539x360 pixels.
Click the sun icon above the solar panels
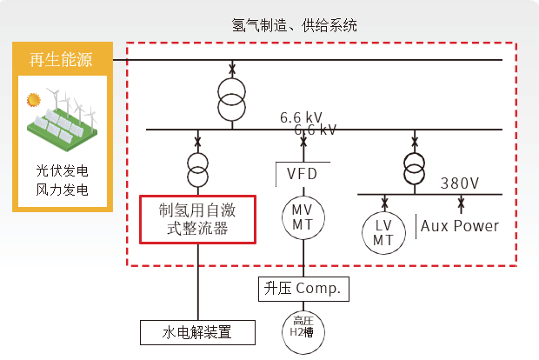coord(35,99)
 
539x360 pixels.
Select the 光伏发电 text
coord(62,170)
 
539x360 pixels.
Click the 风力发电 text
coord(62,190)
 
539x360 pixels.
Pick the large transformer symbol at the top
coord(231,101)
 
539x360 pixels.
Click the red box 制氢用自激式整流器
coord(198,219)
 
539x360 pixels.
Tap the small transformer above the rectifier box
coord(198,165)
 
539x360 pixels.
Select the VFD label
coord(303,174)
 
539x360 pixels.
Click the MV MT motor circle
coord(302,217)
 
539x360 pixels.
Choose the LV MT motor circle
coord(383,231)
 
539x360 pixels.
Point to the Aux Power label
coord(460,226)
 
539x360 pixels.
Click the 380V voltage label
coord(460,183)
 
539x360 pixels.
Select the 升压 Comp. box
coord(303,288)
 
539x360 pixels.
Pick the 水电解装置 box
coord(198,332)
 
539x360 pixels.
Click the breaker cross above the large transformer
coord(231,69)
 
